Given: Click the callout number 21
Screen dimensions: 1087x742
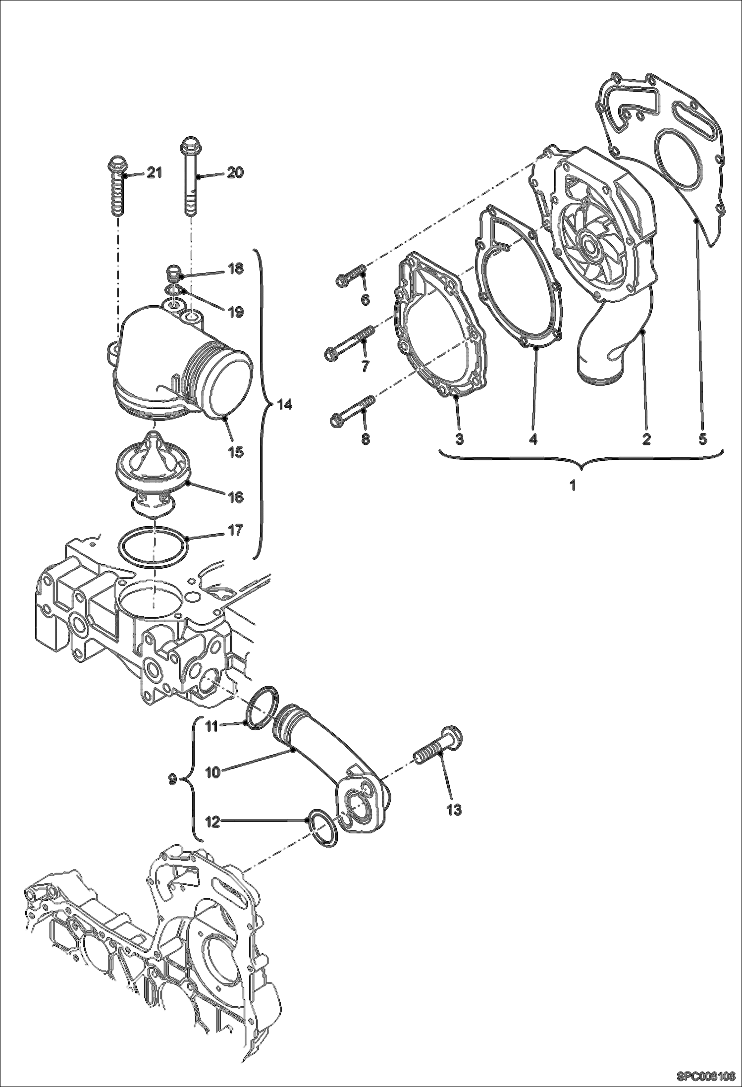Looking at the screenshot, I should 155,173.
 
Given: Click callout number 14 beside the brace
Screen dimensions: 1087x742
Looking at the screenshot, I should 284,405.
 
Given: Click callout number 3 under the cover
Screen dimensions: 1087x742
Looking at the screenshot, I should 459,439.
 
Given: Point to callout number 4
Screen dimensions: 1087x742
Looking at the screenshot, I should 533,439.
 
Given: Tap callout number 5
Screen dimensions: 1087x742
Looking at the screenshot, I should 703,439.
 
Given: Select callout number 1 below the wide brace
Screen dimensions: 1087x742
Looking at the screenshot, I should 573,486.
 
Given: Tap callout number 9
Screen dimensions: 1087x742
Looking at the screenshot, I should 172,779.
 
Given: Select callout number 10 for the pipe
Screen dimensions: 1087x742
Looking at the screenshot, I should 212,772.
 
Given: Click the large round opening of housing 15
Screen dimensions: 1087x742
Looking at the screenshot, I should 229,384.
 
